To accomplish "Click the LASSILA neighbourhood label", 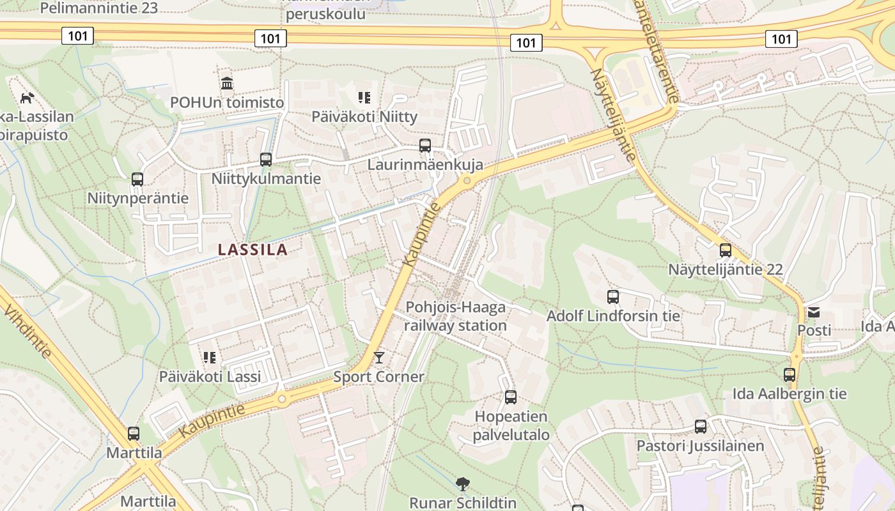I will point(253,250).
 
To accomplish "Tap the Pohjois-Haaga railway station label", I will point(455,316).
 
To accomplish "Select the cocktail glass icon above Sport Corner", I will point(379,358).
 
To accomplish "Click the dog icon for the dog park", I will point(27,98).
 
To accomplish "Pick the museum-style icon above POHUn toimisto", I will point(227,84).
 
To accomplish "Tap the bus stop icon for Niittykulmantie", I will point(266,160).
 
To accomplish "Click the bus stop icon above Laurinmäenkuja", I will point(425,146).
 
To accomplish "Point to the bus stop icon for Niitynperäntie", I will point(137,179).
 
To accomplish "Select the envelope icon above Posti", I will point(814,312).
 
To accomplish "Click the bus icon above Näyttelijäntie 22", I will point(725,250).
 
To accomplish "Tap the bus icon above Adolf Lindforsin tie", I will point(613,297).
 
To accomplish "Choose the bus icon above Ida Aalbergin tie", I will point(790,375).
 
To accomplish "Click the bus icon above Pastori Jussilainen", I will point(701,427).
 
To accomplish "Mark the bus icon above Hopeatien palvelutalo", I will point(511,397).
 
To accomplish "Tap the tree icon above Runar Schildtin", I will point(462,484).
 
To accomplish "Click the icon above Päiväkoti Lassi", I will point(210,358).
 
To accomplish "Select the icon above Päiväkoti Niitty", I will point(364,98).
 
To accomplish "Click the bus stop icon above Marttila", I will point(134,434).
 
